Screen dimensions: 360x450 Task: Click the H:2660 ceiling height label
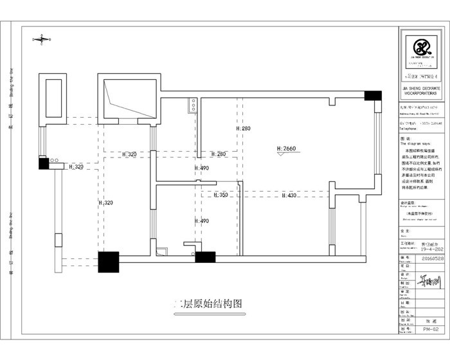coord(287,149)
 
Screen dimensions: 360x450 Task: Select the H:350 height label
coord(221,195)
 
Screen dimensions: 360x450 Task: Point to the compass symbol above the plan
coord(41,40)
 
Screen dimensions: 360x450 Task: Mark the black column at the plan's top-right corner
coord(372,95)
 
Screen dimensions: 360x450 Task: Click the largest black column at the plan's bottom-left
coord(109,262)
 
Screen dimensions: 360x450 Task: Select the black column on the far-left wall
coord(43,163)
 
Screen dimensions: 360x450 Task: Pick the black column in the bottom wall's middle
coord(204,258)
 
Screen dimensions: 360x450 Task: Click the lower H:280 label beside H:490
coord(219,154)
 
